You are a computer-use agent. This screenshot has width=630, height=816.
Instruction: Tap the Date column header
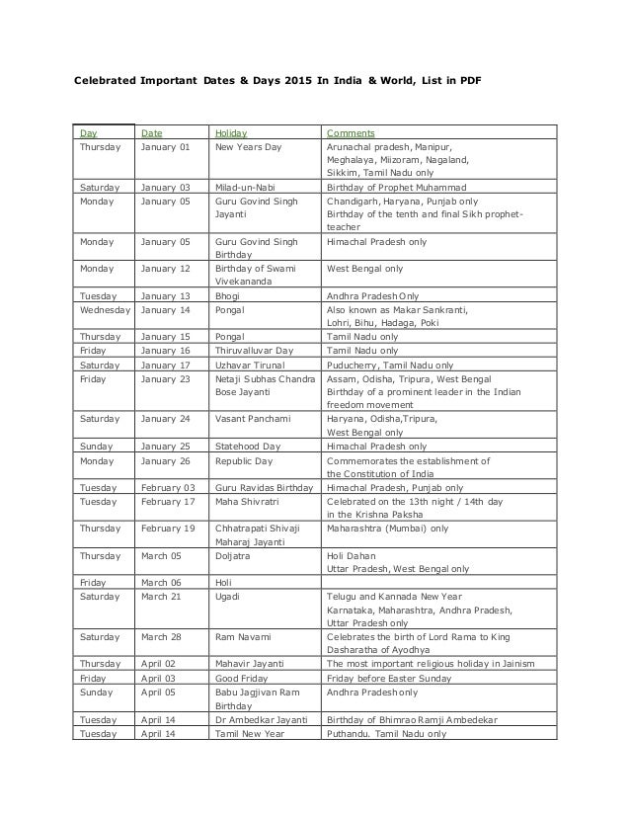pyautogui.click(x=152, y=131)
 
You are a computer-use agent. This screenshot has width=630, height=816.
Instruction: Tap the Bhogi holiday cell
pyautogui.click(x=228, y=294)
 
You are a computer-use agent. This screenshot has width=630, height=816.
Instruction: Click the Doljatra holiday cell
pyautogui.click(x=233, y=556)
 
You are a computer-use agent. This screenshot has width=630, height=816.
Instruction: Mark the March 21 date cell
pyautogui.click(x=161, y=597)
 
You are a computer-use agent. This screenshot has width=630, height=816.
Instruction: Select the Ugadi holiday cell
pyautogui.click(x=228, y=597)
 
